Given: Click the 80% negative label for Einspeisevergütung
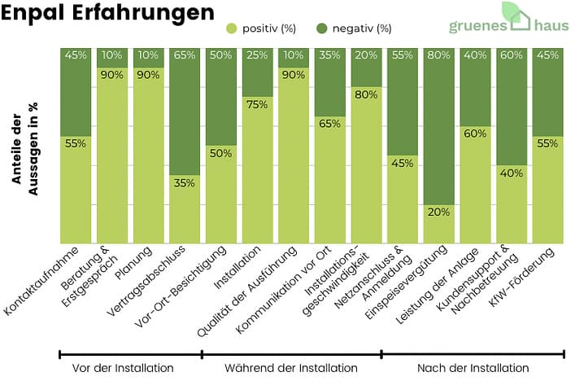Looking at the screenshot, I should click(x=438, y=56).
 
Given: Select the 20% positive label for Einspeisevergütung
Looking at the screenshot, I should click(x=438, y=212).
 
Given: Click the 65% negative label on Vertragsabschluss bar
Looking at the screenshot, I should click(x=185, y=56).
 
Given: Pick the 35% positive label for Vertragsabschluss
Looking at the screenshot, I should click(x=185, y=183).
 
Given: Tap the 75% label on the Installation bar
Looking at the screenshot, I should click(x=256, y=104).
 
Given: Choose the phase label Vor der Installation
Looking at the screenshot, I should click(x=123, y=368).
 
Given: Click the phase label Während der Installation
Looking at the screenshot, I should click(x=290, y=368).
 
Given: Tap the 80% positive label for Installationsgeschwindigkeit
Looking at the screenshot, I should click(x=365, y=94).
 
